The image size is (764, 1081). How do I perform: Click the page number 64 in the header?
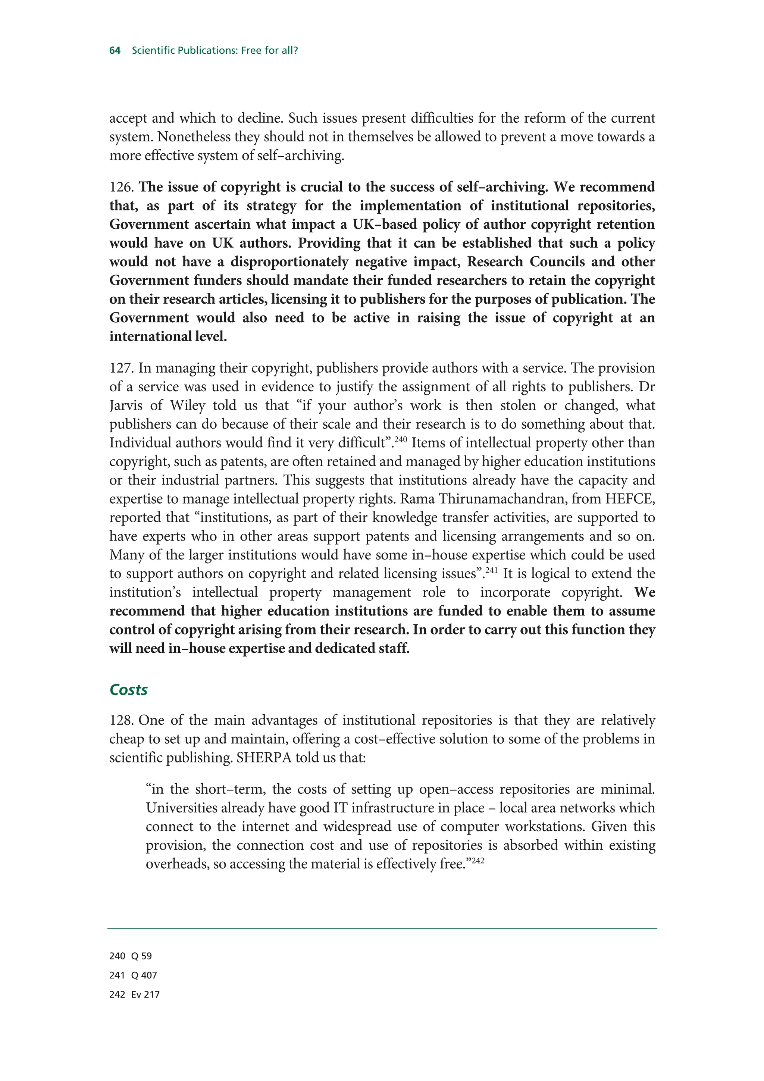[115, 50]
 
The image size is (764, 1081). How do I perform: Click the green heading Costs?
[128, 690]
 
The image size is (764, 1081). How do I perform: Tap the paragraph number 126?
[122, 187]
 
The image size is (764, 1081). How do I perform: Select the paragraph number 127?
[122, 368]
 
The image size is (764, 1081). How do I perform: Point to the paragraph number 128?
[122, 720]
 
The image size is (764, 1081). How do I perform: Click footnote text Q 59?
[142, 956]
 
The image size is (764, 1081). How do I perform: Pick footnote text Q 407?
[144, 975]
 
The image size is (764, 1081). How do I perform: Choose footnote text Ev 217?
[145, 995]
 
